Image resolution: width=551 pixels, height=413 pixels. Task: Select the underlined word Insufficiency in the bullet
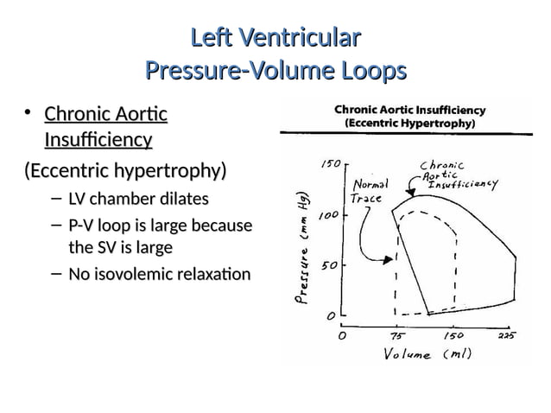coord(98,140)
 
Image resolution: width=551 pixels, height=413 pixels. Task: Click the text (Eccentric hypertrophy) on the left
coord(125,171)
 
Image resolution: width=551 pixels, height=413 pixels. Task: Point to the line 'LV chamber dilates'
coord(138,199)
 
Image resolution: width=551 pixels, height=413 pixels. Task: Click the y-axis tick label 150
coord(330,164)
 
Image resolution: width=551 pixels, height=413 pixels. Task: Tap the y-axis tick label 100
coord(328,215)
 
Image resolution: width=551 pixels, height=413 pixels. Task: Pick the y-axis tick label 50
coord(330,265)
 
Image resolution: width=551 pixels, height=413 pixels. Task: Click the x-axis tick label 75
coord(397,336)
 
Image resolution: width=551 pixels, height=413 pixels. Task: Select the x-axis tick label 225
coord(507,336)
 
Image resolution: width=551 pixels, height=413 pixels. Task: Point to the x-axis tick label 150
coord(453,336)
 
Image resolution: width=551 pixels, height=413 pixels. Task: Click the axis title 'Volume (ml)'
coord(427,353)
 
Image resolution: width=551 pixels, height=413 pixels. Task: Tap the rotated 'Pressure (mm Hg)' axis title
coord(301,248)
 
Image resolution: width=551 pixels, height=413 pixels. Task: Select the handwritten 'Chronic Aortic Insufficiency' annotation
coord(457,175)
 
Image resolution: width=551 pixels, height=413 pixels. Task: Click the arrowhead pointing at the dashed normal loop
coord(389,260)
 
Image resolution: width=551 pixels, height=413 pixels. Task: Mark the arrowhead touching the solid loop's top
coord(410,192)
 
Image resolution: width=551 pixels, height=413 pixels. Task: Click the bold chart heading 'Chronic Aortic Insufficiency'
coord(409,111)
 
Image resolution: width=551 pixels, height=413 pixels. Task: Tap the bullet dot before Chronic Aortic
coord(28,113)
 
